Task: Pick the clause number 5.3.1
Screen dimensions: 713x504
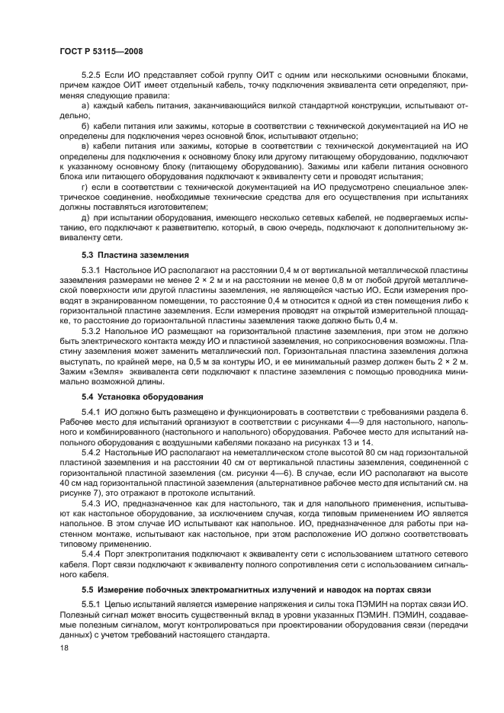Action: pos(93,271)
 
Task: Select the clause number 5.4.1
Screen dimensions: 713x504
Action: pos(93,413)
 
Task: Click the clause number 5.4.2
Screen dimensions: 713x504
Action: pos(93,452)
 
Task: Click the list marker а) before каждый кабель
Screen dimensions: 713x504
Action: pos(85,105)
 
